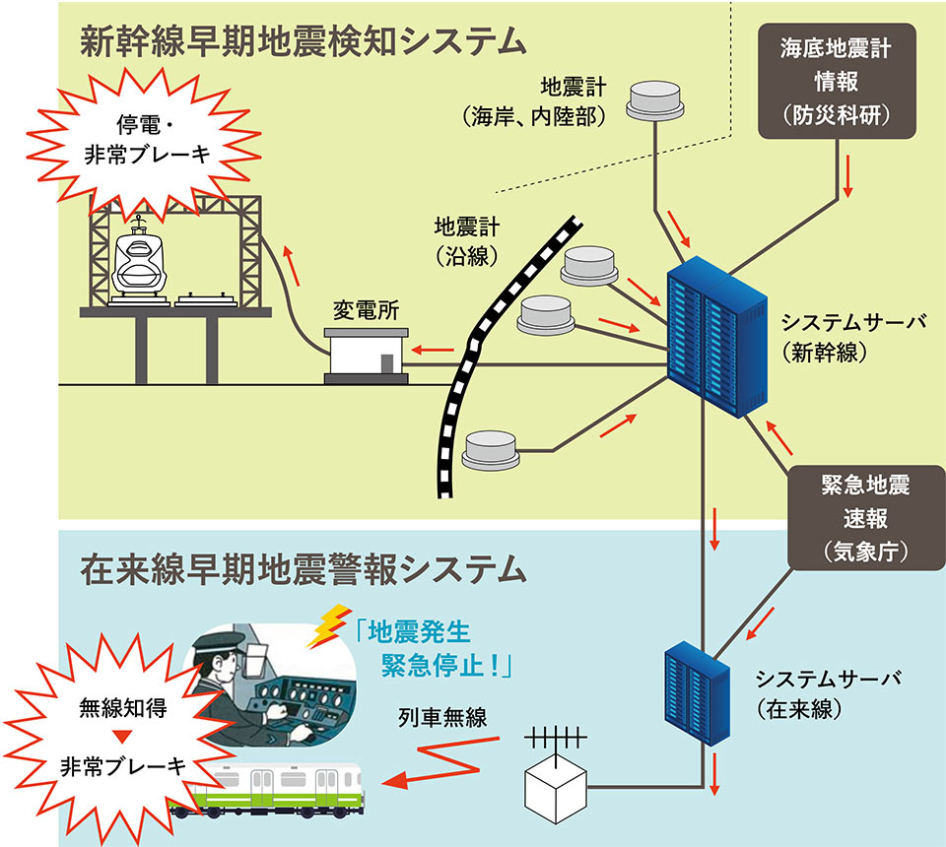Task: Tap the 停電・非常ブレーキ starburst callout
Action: pyautogui.click(x=141, y=142)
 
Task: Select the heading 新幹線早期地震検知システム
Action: pyautogui.click(x=303, y=41)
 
